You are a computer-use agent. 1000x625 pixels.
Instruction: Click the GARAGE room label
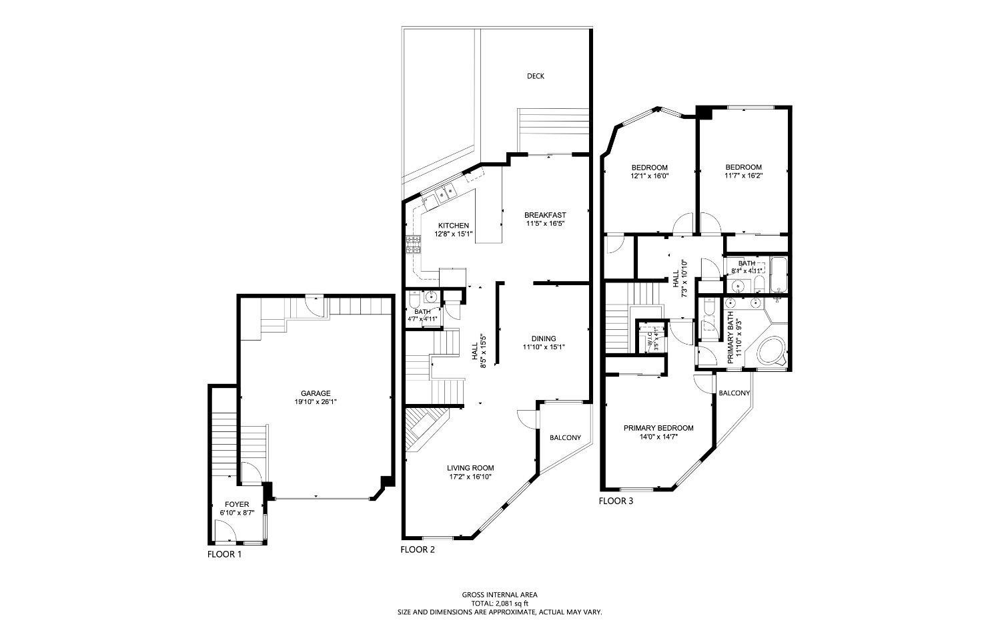[316, 393]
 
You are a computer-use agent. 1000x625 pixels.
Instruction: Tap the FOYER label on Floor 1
[237, 504]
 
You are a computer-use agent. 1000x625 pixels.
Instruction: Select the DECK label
[535, 76]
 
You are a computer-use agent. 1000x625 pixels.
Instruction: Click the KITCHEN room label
[453, 226]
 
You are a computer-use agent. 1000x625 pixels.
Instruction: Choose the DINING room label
[544, 339]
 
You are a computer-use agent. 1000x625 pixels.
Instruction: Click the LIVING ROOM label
[470, 468]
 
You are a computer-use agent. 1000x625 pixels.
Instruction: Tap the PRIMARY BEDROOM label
[658, 428]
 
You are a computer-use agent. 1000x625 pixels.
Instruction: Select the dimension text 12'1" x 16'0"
[649, 176]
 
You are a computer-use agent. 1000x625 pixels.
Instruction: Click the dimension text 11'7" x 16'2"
[743, 176]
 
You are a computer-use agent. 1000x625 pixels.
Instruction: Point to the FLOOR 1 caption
[224, 554]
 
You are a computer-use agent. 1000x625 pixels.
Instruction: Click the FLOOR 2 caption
[418, 550]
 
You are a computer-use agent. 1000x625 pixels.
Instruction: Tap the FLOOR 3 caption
[616, 501]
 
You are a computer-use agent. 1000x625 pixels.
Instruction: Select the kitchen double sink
[443, 194]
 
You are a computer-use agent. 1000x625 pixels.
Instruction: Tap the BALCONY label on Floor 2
[564, 438]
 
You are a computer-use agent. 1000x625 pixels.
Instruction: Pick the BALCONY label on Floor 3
[734, 393]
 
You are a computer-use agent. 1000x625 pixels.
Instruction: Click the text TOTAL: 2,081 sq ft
[500, 603]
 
